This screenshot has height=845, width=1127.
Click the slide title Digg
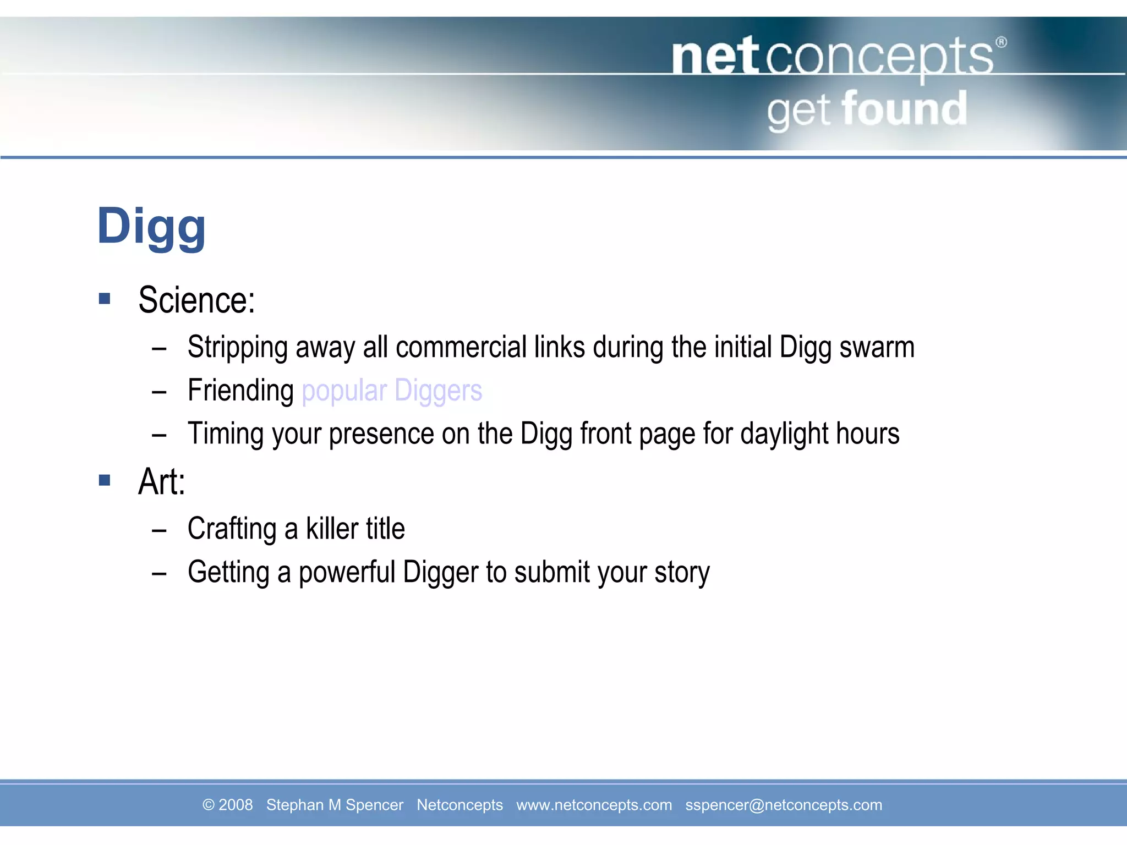point(151,227)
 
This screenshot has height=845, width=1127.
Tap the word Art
point(160,482)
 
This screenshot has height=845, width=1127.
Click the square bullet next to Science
point(105,299)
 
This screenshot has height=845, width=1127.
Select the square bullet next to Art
point(105,480)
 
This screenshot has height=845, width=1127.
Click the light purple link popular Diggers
point(392,391)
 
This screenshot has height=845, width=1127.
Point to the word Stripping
point(237,348)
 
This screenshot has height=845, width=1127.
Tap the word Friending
point(240,391)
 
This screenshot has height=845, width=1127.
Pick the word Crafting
point(232,529)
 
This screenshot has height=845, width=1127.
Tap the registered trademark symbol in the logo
point(1002,42)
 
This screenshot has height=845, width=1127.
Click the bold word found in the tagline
point(904,109)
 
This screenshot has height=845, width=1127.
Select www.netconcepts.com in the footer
point(594,805)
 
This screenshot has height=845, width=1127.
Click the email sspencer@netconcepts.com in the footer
point(783,805)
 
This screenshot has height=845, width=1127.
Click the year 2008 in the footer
point(236,805)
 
